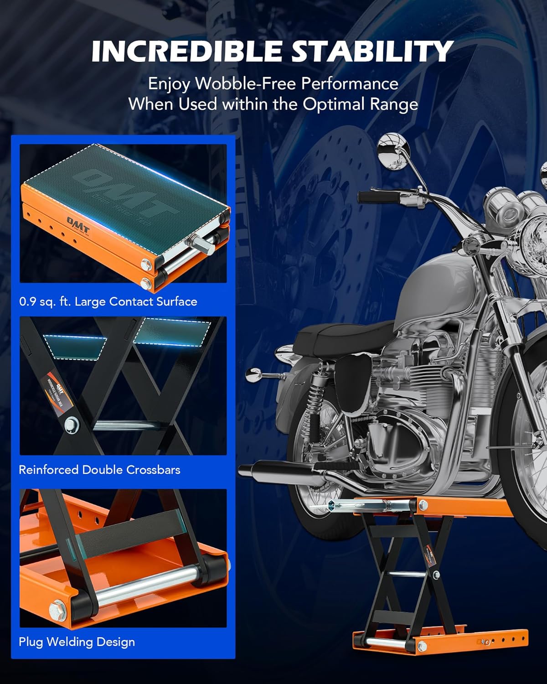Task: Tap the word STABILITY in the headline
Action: pos(372,51)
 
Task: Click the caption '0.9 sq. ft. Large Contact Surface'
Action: pos(108,302)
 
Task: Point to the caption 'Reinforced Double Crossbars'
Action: pos(99,470)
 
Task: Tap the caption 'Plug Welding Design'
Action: pos(77,642)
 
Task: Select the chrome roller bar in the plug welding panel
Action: pos(146,588)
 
